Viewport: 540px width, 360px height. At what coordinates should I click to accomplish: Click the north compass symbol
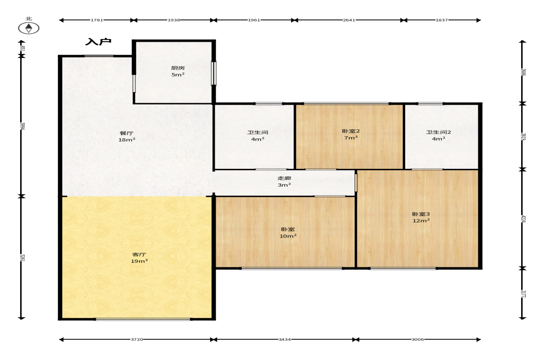(28, 28)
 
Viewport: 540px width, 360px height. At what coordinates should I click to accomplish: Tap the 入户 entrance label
(99, 42)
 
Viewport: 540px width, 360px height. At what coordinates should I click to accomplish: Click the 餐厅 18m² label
(127, 136)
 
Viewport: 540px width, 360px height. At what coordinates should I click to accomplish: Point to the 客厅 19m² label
(139, 258)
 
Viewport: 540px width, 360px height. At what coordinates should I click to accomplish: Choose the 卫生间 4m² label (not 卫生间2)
(257, 136)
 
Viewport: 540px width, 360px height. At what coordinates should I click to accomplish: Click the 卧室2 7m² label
(351, 134)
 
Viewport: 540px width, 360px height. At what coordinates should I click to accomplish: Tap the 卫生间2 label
(439, 135)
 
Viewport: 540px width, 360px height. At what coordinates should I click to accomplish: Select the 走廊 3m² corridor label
(284, 182)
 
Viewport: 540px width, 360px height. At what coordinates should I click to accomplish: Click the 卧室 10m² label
(288, 233)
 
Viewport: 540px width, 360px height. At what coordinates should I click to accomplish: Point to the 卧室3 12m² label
(421, 217)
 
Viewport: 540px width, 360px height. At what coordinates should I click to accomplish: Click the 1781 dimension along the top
(97, 20)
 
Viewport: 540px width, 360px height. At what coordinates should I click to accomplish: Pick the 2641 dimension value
(349, 20)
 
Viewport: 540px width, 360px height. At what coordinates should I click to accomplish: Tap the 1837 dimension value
(442, 20)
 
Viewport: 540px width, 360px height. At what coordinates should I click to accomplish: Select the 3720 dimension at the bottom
(137, 339)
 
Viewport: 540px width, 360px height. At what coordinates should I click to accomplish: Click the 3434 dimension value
(284, 339)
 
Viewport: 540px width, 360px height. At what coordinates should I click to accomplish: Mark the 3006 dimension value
(418, 339)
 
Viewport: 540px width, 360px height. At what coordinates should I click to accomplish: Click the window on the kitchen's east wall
(213, 73)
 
